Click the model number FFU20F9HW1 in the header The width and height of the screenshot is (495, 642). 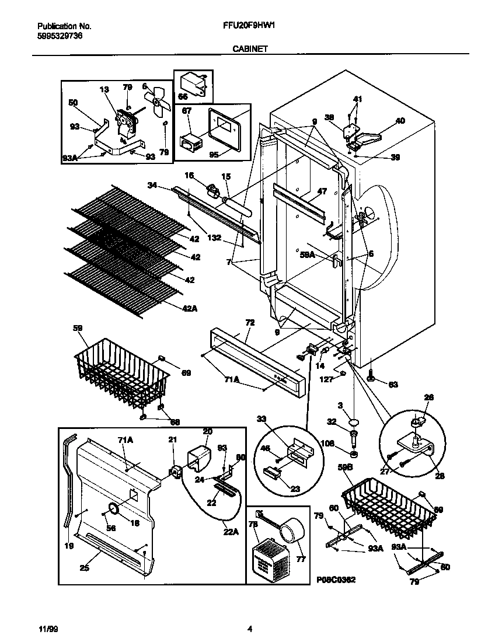coord(248,26)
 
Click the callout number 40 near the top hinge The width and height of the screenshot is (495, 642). coord(400,121)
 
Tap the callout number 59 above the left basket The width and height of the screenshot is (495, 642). coord(78,329)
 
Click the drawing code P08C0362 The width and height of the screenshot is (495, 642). coord(336,580)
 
